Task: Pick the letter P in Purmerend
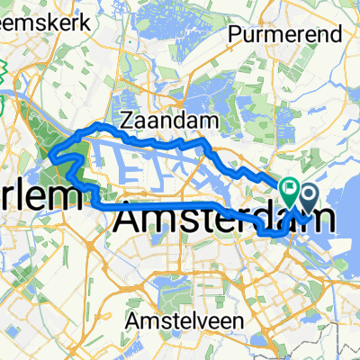coord(237,35)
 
